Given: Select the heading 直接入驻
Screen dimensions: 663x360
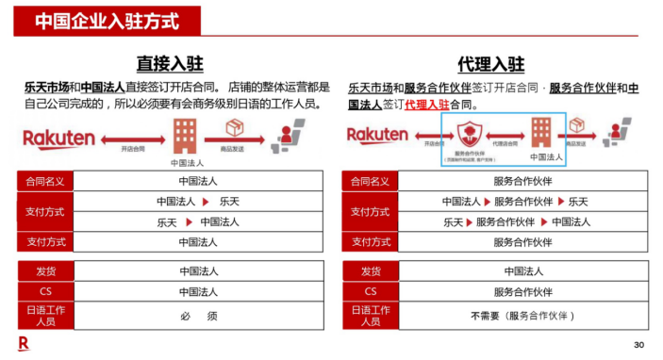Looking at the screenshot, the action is click(x=171, y=63).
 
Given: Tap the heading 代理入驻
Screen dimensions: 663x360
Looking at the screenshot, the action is click(x=490, y=63).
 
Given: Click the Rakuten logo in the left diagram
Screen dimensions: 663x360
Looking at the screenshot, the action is click(x=58, y=139).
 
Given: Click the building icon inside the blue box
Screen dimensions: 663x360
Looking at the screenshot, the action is click(x=541, y=131).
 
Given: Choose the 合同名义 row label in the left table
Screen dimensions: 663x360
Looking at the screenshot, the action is click(x=44, y=181).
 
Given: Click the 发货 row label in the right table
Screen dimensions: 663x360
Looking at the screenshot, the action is click(x=370, y=271).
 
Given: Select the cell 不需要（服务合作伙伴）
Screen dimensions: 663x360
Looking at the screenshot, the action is click(x=522, y=316).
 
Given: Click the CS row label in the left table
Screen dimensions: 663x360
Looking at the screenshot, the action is click(x=44, y=291).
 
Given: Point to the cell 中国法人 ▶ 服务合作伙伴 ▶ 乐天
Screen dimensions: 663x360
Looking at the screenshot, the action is click(x=515, y=202).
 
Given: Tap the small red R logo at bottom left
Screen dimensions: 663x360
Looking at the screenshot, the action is click(x=23, y=343).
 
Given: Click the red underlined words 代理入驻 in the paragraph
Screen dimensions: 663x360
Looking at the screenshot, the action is click(x=426, y=105).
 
